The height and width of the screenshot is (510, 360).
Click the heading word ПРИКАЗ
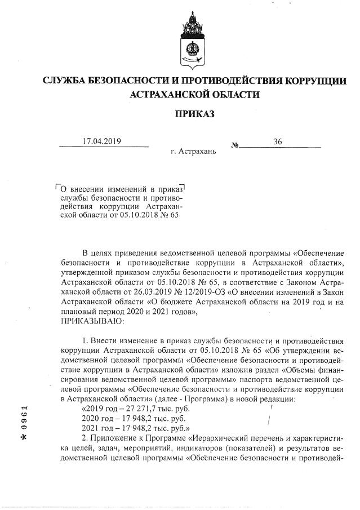tap(194, 114)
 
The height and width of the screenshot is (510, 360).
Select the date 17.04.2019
tap(102, 141)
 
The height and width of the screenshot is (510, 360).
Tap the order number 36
tap(277, 141)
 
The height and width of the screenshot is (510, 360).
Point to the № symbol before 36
tap(234, 145)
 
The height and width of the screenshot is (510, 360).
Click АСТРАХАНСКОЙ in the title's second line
tap(171, 95)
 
